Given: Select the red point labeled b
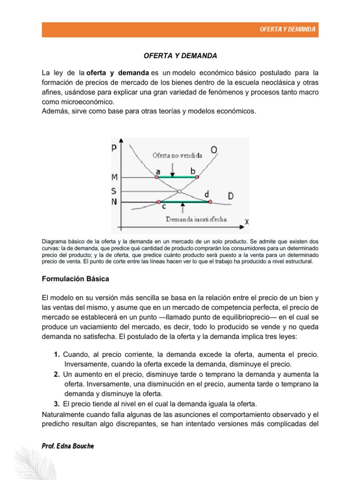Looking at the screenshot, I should [197, 177].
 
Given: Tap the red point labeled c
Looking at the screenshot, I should [159, 202].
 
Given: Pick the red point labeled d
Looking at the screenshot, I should [210, 202].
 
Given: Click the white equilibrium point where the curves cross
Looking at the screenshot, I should [179, 191].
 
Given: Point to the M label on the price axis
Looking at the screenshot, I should [114, 177].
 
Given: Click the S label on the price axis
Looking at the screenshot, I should [114, 191].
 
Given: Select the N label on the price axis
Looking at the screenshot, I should [114, 202].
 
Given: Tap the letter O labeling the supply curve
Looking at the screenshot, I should [214, 150].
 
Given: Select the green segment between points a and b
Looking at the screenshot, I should [177, 177].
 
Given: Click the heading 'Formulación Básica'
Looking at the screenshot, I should [75, 279].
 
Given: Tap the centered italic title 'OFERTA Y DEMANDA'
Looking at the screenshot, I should [180, 56].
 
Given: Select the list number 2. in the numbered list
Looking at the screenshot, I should [56, 374].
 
